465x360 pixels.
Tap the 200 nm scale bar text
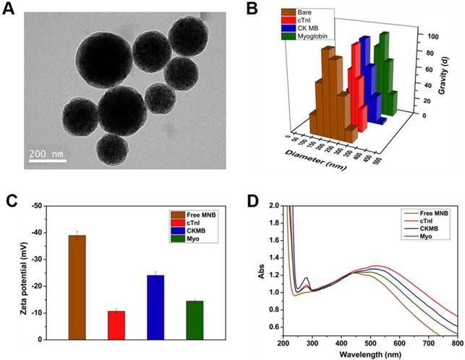[x=48, y=154]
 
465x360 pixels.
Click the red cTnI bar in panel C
[x=116, y=325]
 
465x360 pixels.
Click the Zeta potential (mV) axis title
[x=14, y=272]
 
